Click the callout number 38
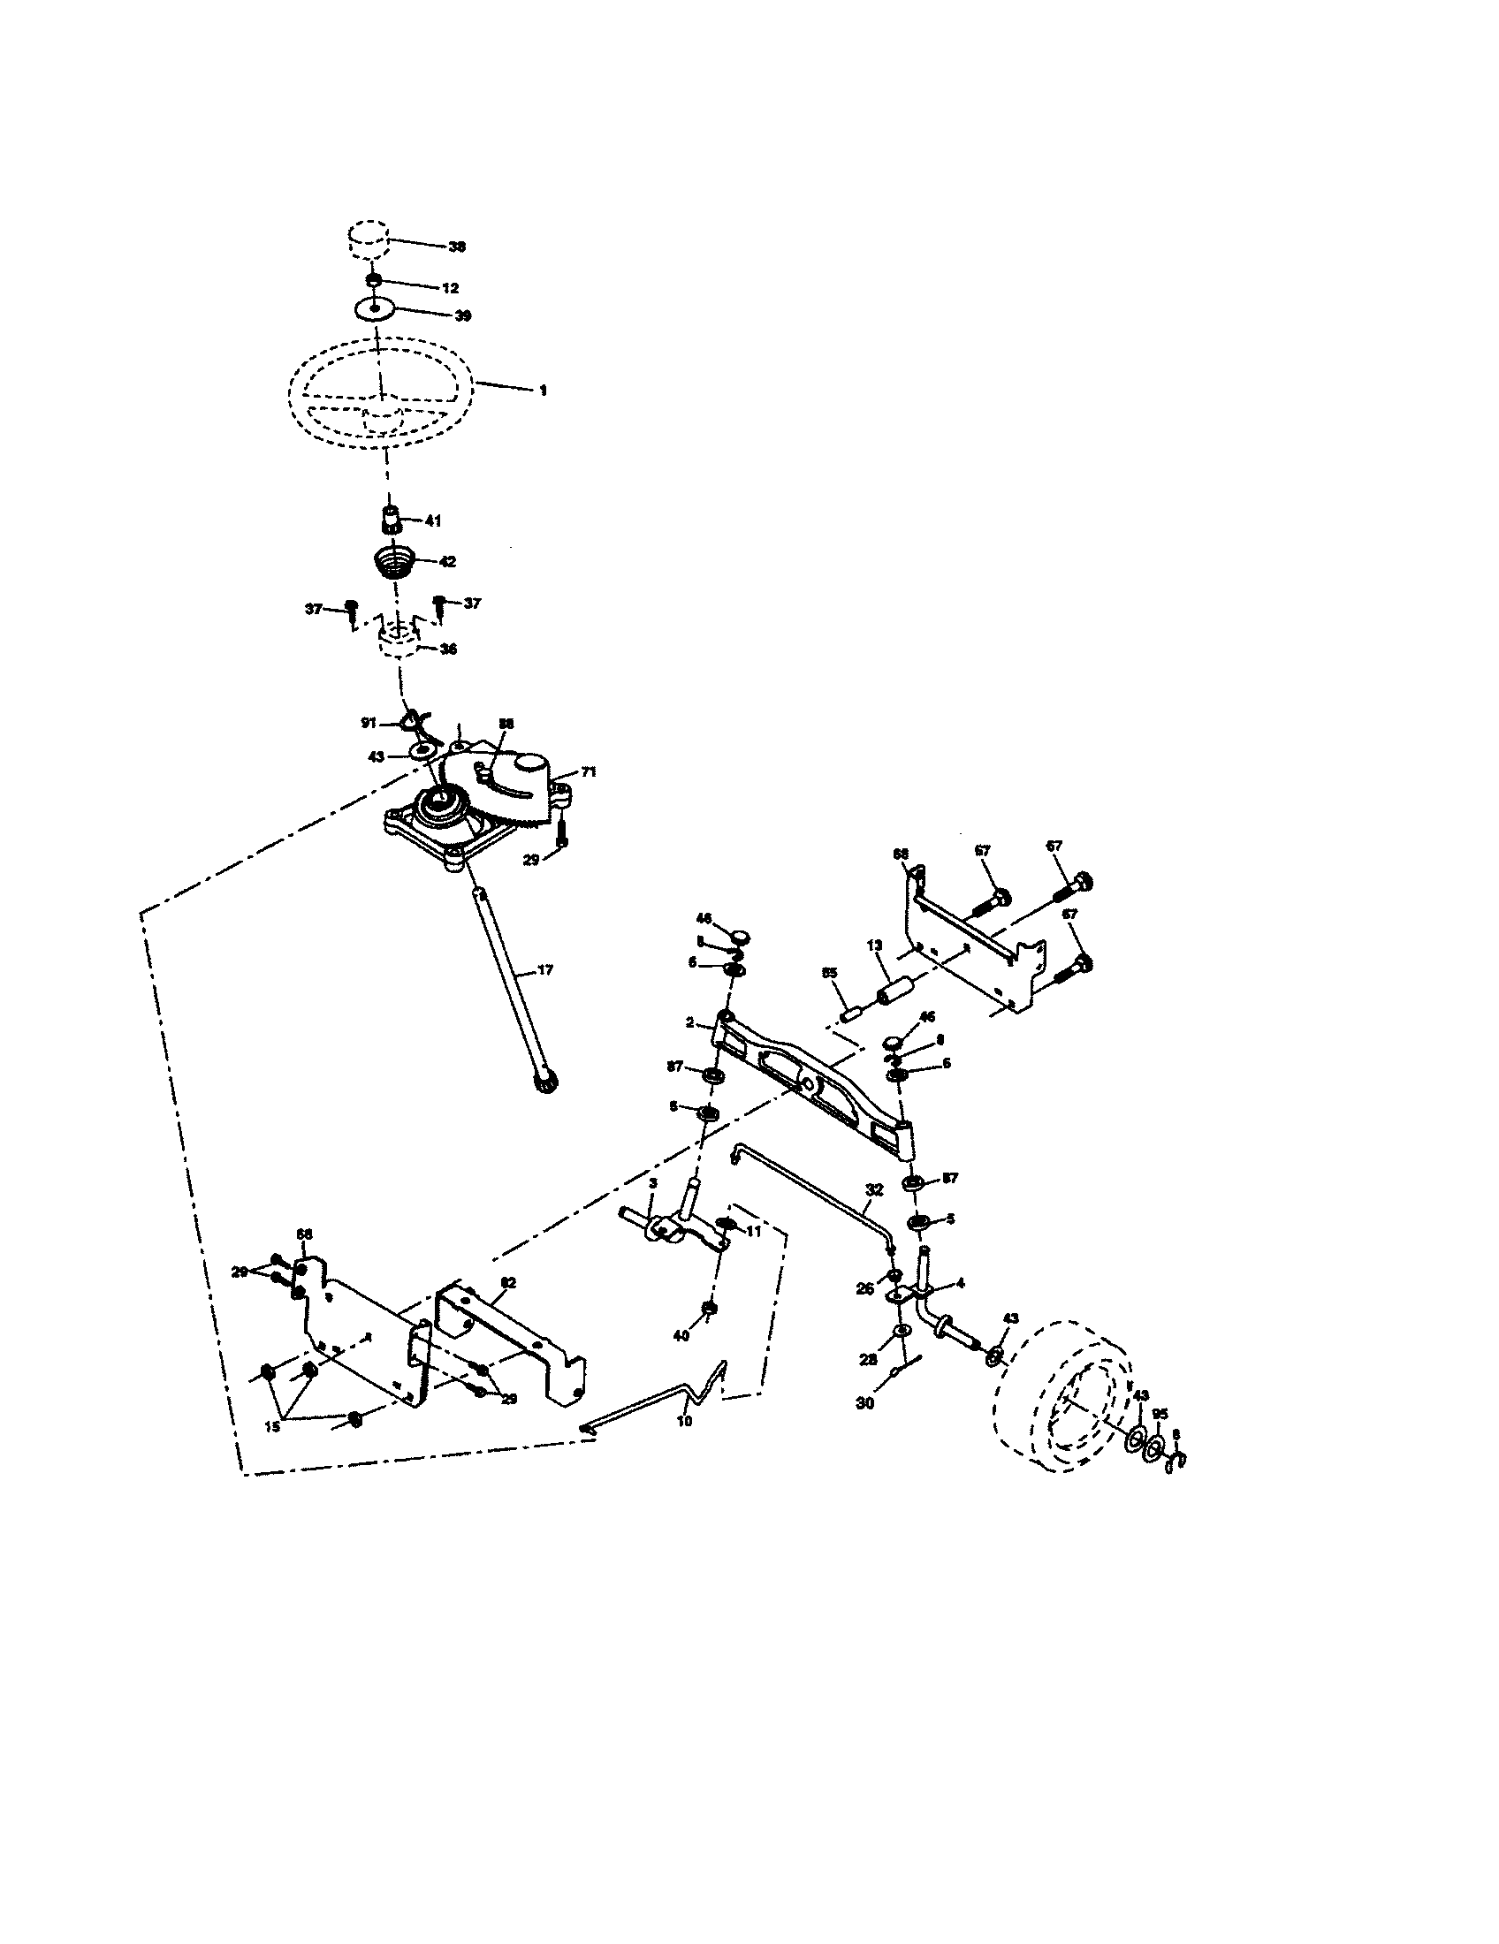(457, 247)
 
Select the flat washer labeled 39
(375, 309)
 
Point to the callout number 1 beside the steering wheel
(543, 391)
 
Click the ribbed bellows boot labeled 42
(392, 563)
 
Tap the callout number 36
(448, 649)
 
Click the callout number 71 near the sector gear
(589, 771)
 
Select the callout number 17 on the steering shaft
(544, 970)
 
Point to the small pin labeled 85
(850, 1012)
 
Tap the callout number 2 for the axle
(690, 1022)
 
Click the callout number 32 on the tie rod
(874, 1189)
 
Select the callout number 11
(754, 1231)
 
